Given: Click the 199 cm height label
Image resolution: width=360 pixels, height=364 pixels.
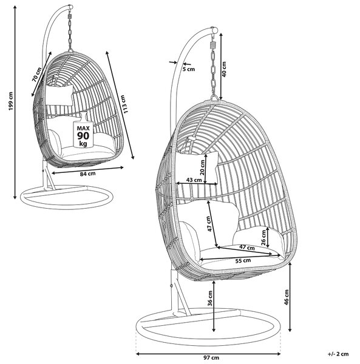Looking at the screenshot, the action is point(11,101).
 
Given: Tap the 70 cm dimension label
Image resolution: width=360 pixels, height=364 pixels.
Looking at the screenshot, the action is point(36,74).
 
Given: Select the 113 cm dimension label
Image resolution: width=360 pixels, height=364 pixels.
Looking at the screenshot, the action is point(124,104).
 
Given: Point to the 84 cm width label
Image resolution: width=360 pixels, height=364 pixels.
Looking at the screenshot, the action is point(88,174).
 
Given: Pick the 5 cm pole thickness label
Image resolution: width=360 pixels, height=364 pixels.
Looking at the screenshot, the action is point(189,69).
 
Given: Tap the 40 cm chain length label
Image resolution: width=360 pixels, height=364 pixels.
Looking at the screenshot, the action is point(224,69).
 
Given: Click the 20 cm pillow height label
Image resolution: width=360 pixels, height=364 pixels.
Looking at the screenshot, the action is point(202,167).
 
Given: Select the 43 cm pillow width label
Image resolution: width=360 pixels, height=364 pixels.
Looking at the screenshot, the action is point(194,180).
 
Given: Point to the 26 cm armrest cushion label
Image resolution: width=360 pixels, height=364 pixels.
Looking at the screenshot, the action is point(263,238).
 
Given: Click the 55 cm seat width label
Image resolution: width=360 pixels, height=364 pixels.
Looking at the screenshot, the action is point(243,261).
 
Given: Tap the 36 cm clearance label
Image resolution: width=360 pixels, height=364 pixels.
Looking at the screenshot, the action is point(210,298).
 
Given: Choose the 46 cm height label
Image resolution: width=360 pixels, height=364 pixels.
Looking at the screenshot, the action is point(287,297).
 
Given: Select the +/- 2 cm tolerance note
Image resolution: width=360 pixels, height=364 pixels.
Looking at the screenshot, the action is point(338,354).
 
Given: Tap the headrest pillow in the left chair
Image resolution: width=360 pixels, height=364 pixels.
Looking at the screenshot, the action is point(59,95).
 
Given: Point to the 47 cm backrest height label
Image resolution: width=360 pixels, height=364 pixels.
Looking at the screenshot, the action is point(209,223).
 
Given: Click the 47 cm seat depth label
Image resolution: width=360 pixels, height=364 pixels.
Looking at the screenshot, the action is point(247,248).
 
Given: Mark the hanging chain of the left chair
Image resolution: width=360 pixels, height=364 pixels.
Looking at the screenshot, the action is point(70,33).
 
